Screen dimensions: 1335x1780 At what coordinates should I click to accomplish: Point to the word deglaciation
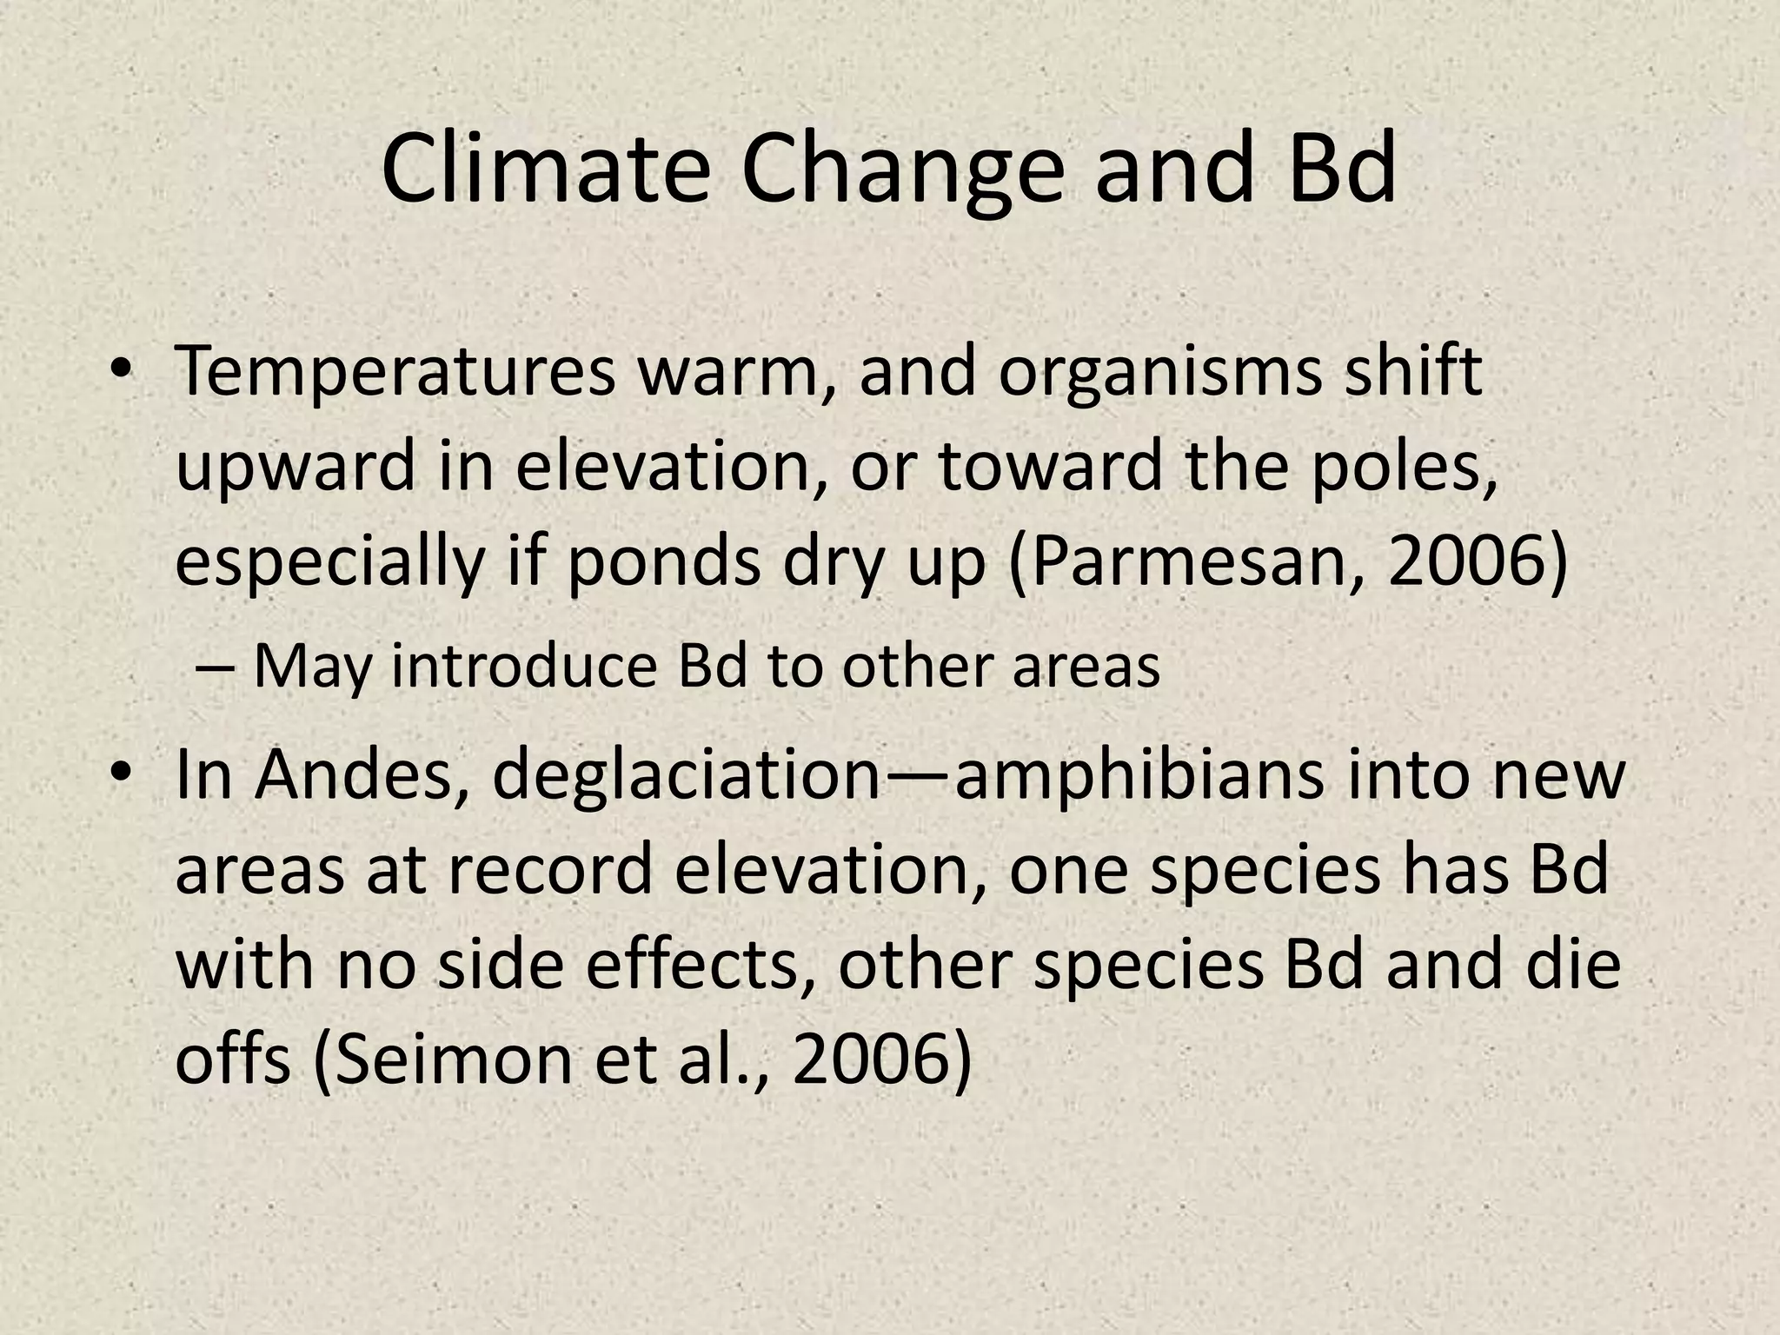pyautogui.click(x=687, y=775)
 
